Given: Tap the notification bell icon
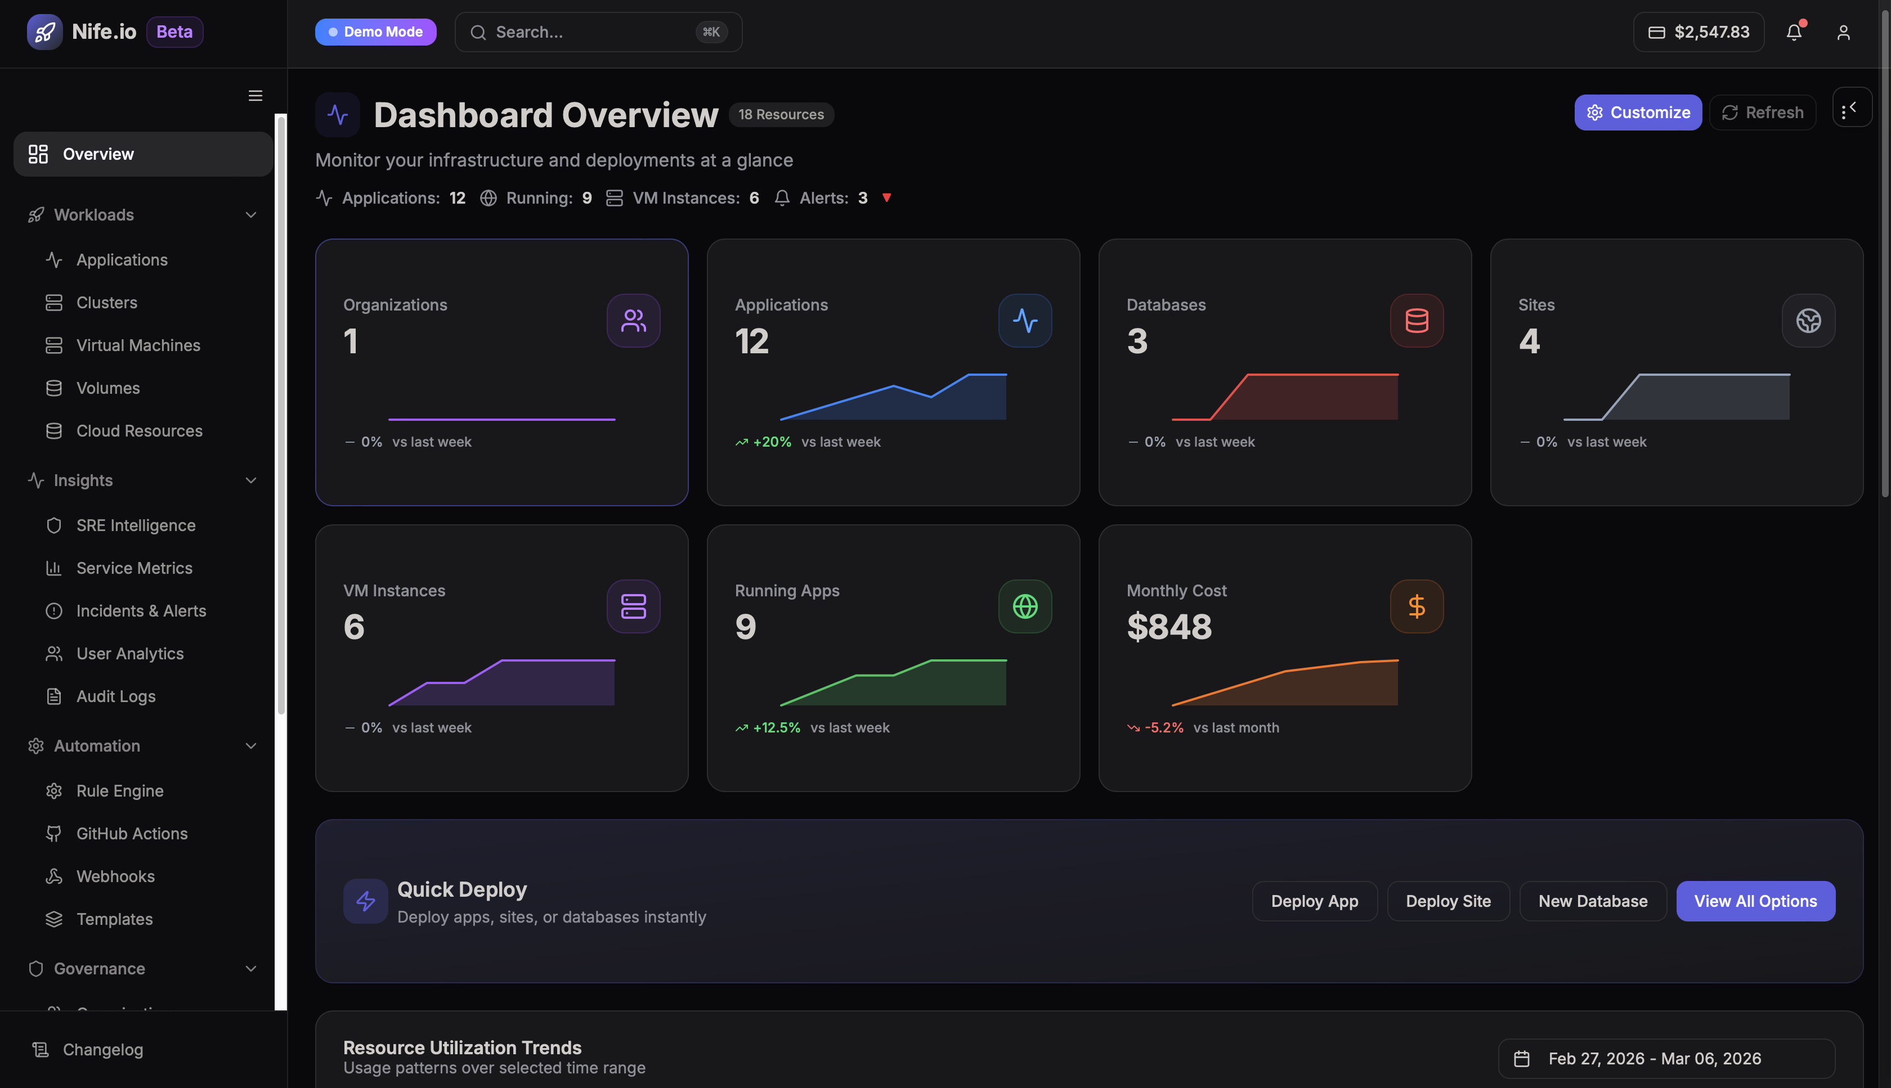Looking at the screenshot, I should (x=1794, y=32).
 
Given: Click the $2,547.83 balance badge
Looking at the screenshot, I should (x=1698, y=32).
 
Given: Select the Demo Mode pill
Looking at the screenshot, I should (x=375, y=32).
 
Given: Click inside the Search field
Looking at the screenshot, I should (x=590, y=32).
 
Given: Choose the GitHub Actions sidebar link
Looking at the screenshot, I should (x=132, y=833).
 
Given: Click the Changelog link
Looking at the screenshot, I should (x=102, y=1049).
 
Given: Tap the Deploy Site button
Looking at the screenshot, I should (x=1448, y=901).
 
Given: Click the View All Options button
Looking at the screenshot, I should (x=1755, y=901).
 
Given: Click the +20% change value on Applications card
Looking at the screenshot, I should (x=772, y=442).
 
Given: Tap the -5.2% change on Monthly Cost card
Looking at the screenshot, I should (x=1164, y=728).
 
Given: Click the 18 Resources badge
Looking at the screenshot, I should (x=781, y=114).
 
